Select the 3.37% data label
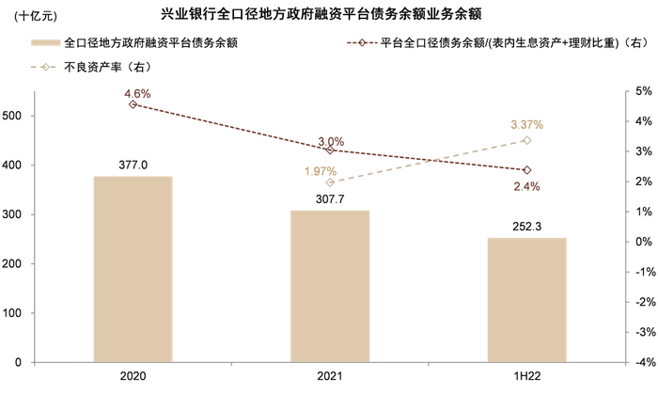click(x=526, y=125)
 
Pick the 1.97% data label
click(x=320, y=171)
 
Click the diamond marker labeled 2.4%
click(x=526, y=170)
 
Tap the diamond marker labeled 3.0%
click(x=330, y=150)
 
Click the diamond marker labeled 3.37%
click(x=526, y=140)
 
